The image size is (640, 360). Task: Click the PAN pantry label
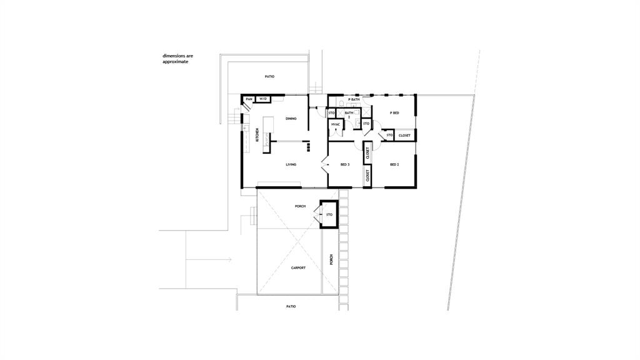point(249,99)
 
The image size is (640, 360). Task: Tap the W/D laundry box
point(263,99)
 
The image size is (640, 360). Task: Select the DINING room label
point(291,119)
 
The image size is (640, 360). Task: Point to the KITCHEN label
point(257,135)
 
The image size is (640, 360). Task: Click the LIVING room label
point(291,164)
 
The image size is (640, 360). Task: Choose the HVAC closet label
point(336,124)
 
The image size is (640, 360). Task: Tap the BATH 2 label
point(349,114)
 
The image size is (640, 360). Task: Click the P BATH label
point(354,99)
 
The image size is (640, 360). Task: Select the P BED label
point(394,113)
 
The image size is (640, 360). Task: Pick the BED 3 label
point(345,164)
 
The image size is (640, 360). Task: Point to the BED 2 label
point(394,164)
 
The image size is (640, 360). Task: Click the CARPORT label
point(298,267)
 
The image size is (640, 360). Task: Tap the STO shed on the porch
point(329,214)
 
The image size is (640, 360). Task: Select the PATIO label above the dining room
point(269,76)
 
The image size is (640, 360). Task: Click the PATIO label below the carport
point(291,306)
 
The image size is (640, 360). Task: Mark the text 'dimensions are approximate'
point(178,59)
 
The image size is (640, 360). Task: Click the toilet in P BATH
point(342,103)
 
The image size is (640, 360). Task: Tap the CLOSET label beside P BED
point(404,135)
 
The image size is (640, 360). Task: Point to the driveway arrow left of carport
point(209,259)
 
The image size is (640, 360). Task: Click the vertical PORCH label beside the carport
point(331,259)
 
